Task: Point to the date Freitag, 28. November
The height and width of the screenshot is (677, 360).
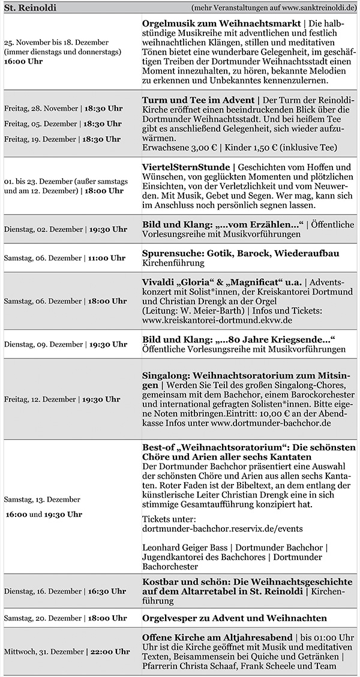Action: pyautogui.click(x=41, y=109)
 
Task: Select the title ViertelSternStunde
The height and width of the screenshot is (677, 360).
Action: pyautogui.click(x=186, y=166)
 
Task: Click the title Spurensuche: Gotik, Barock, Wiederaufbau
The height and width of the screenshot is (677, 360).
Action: pyautogui.click(x=241, y=253)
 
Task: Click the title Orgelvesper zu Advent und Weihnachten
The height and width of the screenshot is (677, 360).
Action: pyautogui.click(x=234, y=618)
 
